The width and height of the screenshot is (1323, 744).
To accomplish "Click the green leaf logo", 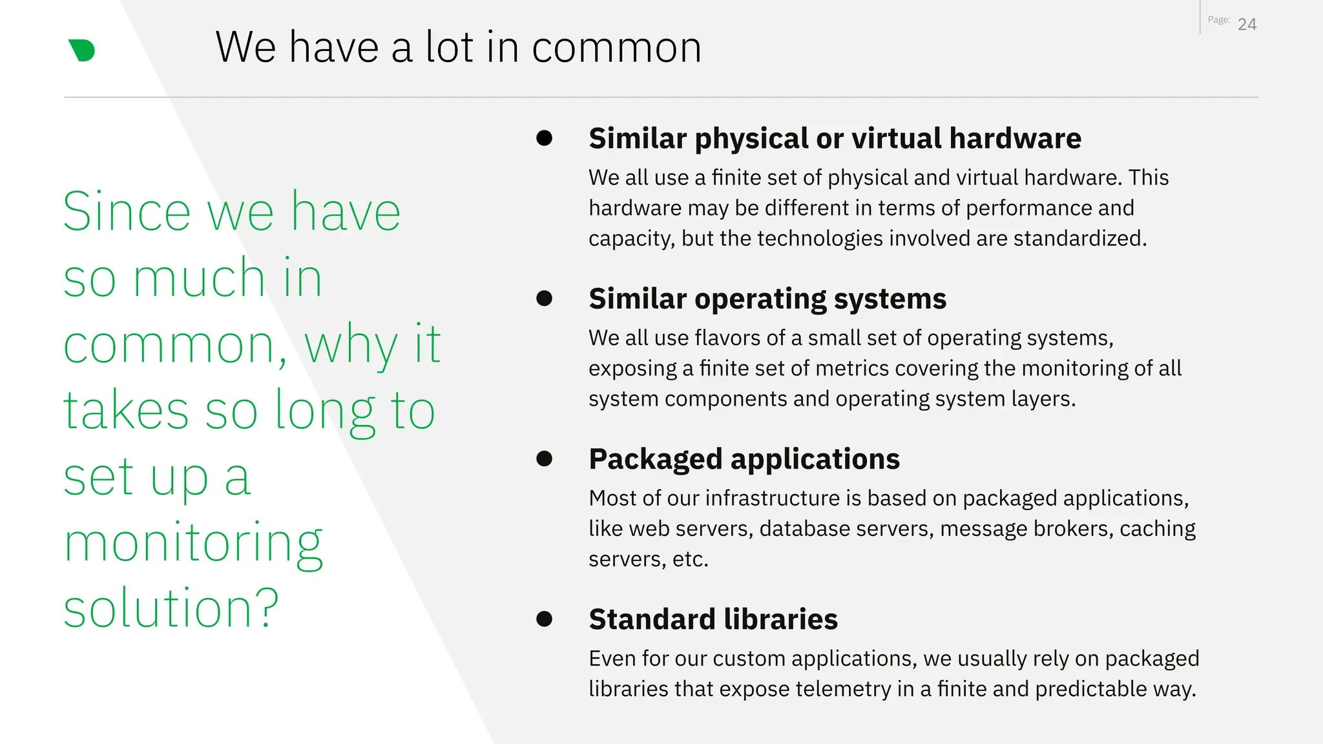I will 82,50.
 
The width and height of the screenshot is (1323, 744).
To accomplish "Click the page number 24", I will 1247,25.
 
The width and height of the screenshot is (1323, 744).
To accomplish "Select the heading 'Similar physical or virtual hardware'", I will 835,138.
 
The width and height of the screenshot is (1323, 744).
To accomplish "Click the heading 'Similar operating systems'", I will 767,298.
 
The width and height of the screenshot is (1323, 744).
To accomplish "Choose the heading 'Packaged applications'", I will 744,459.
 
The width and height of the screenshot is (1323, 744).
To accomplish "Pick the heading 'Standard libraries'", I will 713,619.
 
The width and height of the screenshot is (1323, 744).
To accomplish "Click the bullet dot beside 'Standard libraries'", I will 545,619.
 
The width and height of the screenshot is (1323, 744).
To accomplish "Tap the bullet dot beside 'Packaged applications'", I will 545,459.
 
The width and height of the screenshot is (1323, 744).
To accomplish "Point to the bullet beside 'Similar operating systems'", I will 545,298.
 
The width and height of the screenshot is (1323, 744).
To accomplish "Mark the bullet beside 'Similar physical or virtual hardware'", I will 545,138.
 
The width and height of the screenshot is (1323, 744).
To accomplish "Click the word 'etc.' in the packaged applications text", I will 690,559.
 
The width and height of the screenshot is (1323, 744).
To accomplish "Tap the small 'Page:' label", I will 1218,20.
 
